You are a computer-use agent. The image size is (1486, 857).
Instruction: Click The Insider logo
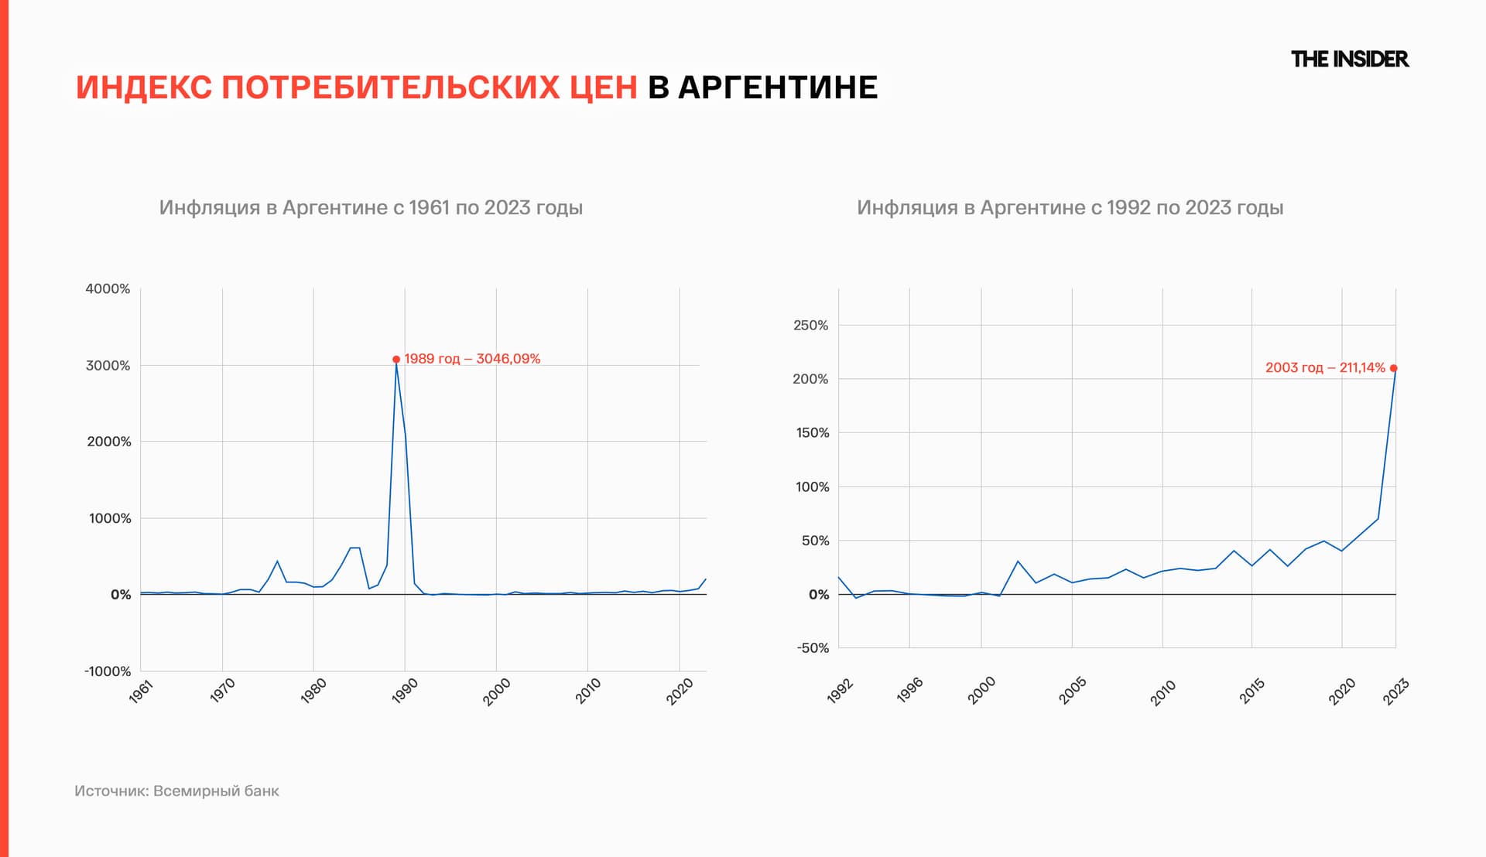point(1349,59)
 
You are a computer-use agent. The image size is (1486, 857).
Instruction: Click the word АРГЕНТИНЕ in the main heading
point(778,87)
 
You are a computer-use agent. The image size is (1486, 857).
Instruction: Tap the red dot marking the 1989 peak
point(396,359)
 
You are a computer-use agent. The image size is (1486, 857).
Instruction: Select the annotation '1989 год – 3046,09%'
point(472,359)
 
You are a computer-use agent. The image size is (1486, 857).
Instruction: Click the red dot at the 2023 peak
point(1393,368)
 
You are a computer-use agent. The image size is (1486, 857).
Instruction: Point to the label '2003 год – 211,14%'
point(1324,368)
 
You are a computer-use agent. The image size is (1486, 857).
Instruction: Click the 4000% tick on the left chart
point(108,289)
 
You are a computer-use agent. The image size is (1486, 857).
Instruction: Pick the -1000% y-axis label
point(108,671)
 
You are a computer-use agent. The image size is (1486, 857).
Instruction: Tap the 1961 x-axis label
point(141,691)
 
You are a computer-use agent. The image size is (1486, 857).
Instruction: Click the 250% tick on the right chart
point(810,325)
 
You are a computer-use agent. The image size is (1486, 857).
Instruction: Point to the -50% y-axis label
point(813,648)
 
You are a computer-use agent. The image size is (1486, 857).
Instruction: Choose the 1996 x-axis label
point(909,690)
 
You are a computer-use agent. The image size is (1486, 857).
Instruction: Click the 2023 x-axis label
point(1395,691)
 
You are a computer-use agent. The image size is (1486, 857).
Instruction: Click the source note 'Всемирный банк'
point(216,790)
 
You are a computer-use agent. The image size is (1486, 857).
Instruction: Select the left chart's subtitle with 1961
point(371,207)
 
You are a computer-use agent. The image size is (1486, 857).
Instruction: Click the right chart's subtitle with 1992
point(1070,207)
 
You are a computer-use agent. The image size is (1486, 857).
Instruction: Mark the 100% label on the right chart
point(812,487)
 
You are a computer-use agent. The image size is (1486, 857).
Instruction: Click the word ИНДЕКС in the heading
point(144,87)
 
